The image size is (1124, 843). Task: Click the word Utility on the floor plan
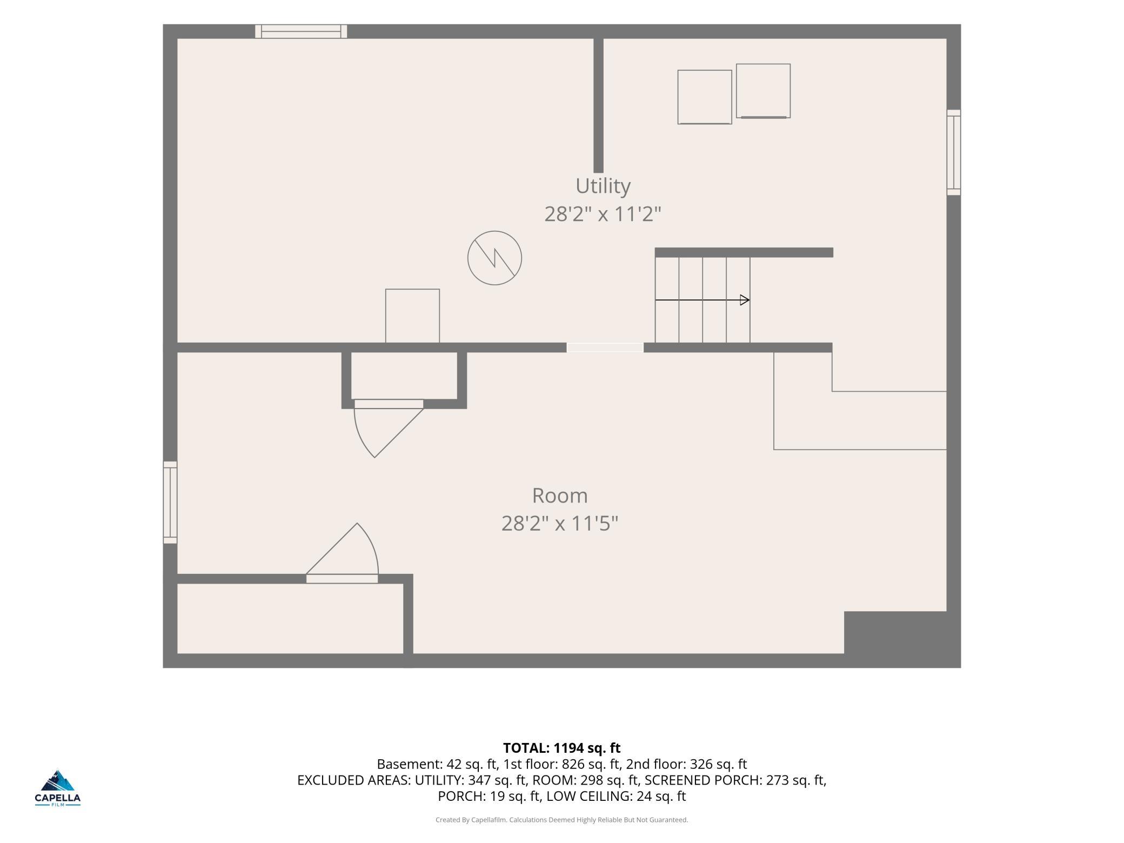pyautogui.click(x=603, y=186)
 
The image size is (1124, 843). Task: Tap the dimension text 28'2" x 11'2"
pyautogui.click(x=603, y=215)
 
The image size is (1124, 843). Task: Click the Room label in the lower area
pyautogui.click(x=560, y=496)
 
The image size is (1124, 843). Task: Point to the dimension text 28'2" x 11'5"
pyautogui.click(x=560, y=524)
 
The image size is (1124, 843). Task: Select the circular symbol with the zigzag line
pyautogui.click(x=494, y=258)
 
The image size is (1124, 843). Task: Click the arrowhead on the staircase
pyautogui.click(x=745, y=300)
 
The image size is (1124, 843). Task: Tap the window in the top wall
pyautogui.click(x=301, y=31)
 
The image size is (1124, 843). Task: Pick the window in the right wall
pyautogui.click(x=954, y=152)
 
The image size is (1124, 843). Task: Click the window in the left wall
pyautogui.click(x=170, y=502)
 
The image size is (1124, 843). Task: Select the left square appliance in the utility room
pyautogui.click(x=705, y=97)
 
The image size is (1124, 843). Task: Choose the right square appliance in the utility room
pyautogui.click(x=763, y=91)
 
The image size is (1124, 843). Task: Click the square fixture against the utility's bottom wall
pyautogui.click(x=412, y=316)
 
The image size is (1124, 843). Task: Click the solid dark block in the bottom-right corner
pyautogui.click(x=902, y=639)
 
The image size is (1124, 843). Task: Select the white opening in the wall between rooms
pyautogui.click(x=605, y=347)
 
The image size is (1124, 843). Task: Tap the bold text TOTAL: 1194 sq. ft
pyautogui.click(x=562, y=748)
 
